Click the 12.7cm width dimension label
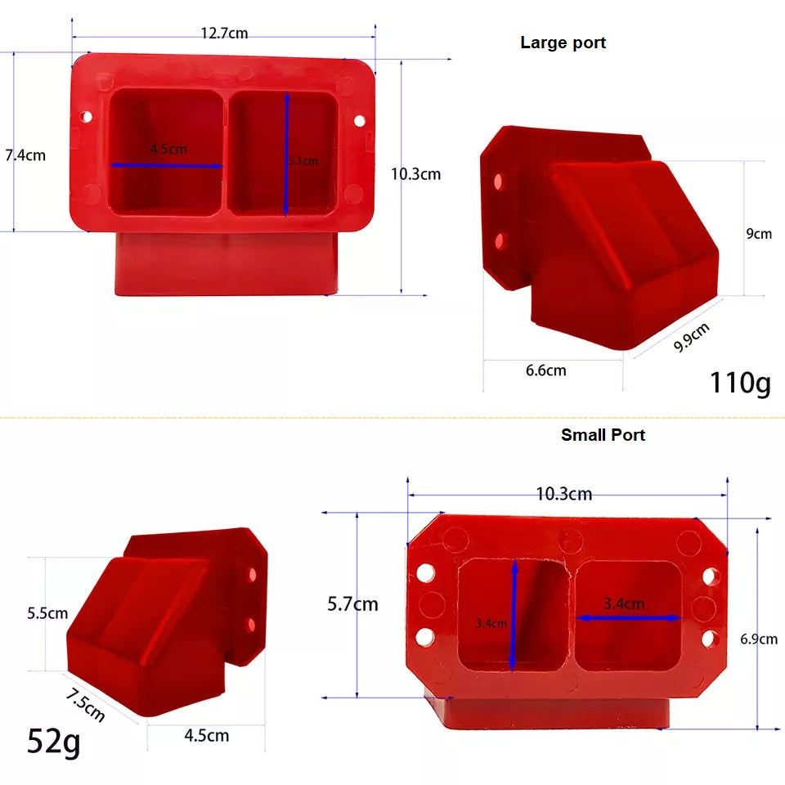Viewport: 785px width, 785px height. [224, 34]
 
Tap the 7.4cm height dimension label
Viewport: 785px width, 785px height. [25, 155]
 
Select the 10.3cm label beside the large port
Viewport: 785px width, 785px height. [415, 173]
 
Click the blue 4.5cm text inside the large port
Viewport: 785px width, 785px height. [168, 150]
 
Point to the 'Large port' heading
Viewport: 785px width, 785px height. [563, 43]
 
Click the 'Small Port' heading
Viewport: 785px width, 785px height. [603, 435]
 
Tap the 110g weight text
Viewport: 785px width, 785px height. [740, 382]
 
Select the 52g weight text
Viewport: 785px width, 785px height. [54, 741]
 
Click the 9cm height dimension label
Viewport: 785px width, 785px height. [759, 233]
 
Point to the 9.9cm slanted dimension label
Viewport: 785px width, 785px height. [691, 337]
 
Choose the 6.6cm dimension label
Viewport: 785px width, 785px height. [545, 370]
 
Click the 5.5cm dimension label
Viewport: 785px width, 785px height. [47, 612]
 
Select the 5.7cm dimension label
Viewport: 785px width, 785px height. [352, 604]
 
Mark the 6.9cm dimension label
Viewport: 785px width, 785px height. [759, 639]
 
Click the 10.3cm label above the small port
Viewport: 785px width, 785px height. [564, 494]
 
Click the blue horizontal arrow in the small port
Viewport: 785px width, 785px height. [629, 618]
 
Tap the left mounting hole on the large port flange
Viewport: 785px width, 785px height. [87, 117]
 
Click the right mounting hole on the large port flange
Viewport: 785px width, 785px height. [359, 121]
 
